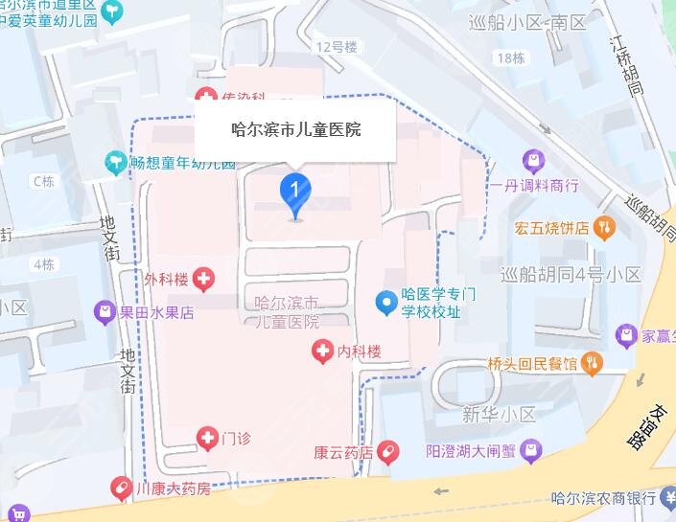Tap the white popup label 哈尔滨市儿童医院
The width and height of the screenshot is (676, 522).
point(296,129)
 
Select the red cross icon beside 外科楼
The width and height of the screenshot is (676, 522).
point(203,280)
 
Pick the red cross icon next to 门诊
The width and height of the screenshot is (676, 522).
point(207,439)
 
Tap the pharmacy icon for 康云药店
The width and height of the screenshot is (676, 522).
point(387,450)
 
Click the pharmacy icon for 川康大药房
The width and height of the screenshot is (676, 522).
point(121,488)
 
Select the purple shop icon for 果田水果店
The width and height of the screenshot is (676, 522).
point(104,311)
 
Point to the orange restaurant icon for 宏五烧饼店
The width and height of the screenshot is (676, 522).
point(604,228)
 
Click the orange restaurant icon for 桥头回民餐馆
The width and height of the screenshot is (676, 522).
point(593,363)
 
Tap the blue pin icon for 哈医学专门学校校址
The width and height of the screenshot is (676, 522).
point(385,305)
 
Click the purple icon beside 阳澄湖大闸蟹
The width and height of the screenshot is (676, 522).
point(533,449)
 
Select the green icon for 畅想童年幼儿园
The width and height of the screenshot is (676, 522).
point(116,162)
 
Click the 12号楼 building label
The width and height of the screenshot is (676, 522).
point(336,46)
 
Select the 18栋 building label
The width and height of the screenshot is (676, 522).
point(509,58)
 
